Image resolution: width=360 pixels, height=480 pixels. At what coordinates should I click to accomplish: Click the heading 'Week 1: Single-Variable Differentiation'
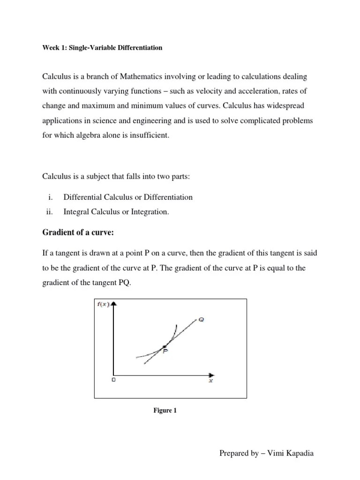coord(103,48)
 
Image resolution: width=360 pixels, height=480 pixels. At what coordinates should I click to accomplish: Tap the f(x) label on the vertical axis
coord(103,304)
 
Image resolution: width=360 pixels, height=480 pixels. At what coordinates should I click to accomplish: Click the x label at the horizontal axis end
coord(210,381)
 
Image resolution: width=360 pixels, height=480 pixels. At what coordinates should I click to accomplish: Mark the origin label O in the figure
coord(113,380)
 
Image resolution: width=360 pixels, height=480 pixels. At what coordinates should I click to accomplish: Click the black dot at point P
coord(164,346)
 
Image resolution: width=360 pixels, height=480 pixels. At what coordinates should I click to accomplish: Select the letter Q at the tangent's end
coord(201,319)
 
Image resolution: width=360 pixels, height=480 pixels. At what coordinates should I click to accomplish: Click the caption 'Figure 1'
coord(165,411)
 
